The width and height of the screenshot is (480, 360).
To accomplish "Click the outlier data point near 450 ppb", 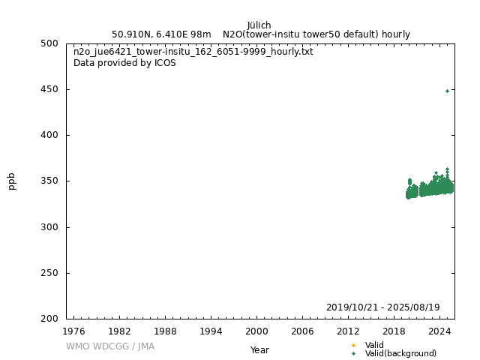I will pos(447,91).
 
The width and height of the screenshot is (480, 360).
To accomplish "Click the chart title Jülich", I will pos(259,25).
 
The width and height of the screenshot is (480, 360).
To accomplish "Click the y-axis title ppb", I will pos(12,181).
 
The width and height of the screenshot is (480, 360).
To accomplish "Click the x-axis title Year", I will pos(259,350).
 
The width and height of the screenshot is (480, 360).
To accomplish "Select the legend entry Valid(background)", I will pos(400,354).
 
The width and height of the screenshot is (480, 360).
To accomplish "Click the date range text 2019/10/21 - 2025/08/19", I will pos(382,307).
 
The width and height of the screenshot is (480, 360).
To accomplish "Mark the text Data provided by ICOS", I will pos(124,63).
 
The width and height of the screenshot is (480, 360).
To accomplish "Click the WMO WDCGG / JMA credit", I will pos(110,346).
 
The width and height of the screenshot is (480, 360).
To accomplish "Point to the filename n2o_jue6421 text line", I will pos(193,52).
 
